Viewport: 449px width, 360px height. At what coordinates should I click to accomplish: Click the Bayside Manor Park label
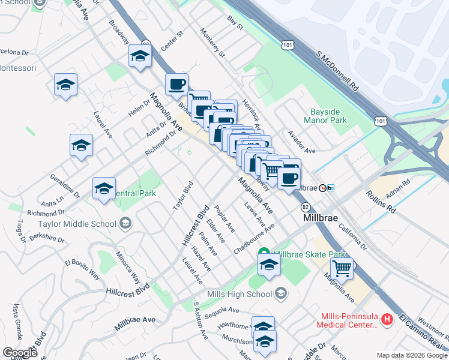(x=328, y=116)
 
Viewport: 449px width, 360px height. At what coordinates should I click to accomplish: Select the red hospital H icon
(x=387, y=319)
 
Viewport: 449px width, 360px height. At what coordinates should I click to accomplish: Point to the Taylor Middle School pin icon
(x=125, y=224)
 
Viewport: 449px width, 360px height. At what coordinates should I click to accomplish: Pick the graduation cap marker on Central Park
(x=104, y=188)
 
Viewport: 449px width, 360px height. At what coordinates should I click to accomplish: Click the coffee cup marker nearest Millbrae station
(x=289, y=178)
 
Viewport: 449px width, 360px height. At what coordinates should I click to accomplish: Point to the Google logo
(x=19, y=353)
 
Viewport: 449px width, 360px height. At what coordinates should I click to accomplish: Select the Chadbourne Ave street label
(x=254, y=239)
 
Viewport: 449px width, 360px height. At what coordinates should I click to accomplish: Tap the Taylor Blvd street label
(x=182, y=196)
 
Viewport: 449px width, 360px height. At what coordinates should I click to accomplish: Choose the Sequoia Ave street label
(x=221, y=310)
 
